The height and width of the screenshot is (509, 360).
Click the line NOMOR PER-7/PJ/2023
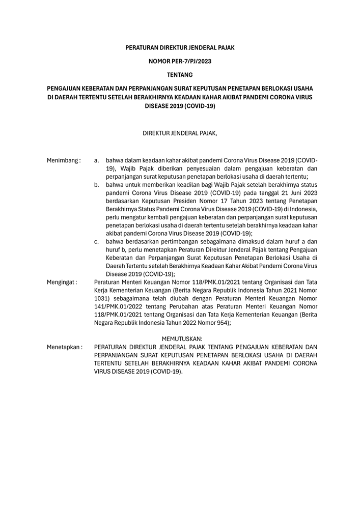[180, 61]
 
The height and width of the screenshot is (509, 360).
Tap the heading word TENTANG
[180, 75]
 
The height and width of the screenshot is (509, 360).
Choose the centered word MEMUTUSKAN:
[182, 338]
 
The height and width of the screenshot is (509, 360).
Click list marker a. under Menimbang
[97, 160]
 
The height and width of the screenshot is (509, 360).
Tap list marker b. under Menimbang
[97, 185]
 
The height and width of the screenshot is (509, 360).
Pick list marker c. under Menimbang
[97, 241]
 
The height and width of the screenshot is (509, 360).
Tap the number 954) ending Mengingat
[222, 322]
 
